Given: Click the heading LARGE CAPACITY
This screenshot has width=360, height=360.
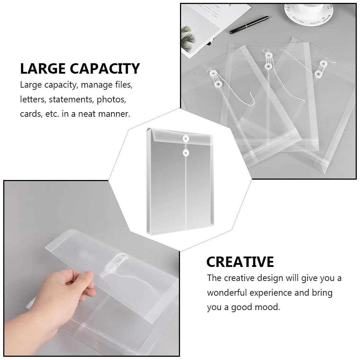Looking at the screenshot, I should click(80, 68).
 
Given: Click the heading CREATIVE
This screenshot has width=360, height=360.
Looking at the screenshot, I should click(240, 262).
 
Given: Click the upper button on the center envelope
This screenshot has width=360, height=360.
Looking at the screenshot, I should click(186, 138).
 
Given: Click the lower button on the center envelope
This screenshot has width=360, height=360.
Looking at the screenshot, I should click(186, 153).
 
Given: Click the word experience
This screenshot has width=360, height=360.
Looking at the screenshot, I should click(272, 293).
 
